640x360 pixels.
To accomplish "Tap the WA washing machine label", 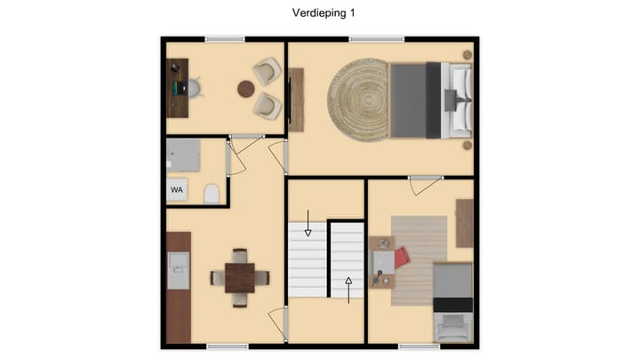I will pyautogui.click(x=177, y=189).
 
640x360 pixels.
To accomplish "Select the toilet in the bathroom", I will pyautogui.click(x=212, y=193).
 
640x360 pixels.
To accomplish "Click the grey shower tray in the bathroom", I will pyautogui.click(x=183, y=156).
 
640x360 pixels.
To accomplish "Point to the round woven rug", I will pyautogui.click(x=359, y=100).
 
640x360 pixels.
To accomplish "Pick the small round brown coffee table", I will pyautogui.click(x=246, y=88).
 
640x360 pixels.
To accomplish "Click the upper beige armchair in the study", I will pyautogui.click(x=266, y=70).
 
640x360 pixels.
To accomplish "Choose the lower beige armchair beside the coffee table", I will pyautogui.click(x=266, y=105).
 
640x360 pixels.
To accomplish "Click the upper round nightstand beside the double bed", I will pyautogui.click(x=468, y=55).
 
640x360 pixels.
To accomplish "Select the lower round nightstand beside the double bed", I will pyautogui.click(x=468, y=144).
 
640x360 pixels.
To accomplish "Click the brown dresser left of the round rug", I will pyautogui.click(x=296, y=100).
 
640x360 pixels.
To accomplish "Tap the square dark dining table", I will pyautogui.click(x=239, y=277).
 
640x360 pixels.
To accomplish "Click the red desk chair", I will pyautogui.click(x=402, y=258).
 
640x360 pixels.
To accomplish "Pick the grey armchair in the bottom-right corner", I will pyautogui.click(x=452, y=327).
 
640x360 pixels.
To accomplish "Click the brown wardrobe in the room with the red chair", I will pyautogui.click(x=464, y=223).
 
